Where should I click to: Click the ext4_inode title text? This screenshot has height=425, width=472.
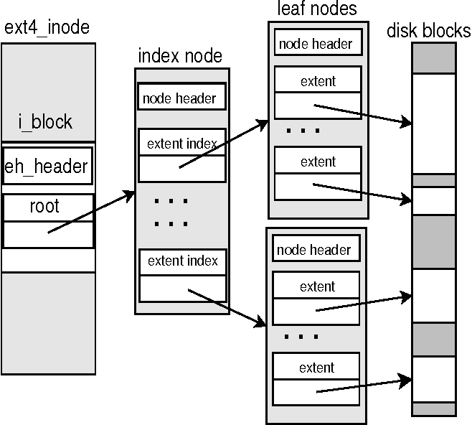click(x=48, y=28)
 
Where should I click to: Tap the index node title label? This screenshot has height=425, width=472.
click(x=180, y=56)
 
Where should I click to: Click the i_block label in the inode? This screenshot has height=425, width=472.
click(x=45, y=121)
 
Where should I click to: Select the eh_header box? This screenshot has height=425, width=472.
click(x=47, y=167)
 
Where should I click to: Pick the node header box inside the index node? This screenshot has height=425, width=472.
click(x=181, y=98)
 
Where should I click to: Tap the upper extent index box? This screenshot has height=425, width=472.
click(x=181, y=144)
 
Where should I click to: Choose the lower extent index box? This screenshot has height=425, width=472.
click(x=182, y=261)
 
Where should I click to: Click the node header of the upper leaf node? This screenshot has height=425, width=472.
click(x=316, y=44)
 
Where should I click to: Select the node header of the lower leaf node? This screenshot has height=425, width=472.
click(x=313, y=250)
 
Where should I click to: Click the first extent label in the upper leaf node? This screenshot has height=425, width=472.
click(x=318, y=81)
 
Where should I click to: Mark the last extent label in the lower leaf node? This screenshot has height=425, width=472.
click(x=317, y=368)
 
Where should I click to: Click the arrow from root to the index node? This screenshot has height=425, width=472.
click(x=92, y=212)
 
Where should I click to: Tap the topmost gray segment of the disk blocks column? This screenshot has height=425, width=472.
click(x=433, y=57)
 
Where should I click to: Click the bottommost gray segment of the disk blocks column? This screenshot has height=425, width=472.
click(x=433, y=408)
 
